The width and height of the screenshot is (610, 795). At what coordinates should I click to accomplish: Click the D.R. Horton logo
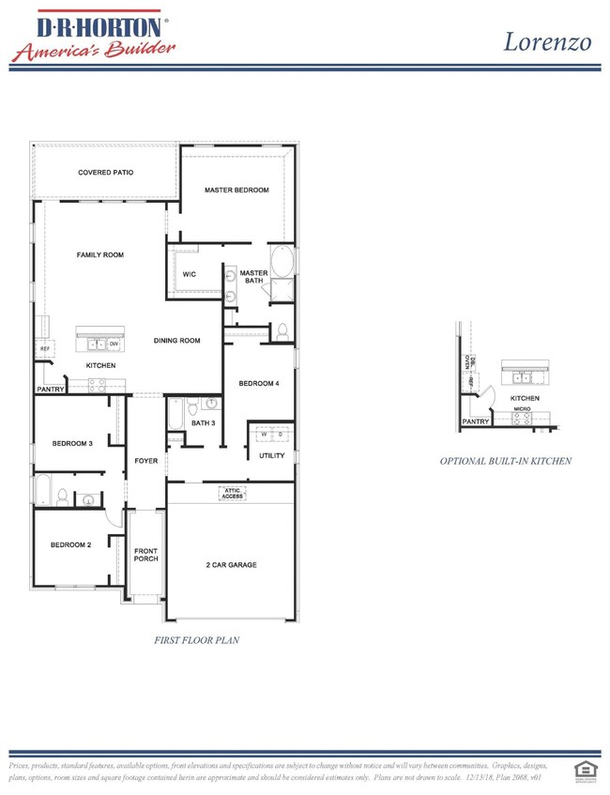tap(90, 36)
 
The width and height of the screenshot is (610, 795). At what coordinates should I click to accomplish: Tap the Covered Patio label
tap(105, 173)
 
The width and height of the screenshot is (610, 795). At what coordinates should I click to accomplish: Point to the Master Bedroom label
tap(236, 190)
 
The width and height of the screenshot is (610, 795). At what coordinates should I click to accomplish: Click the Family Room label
tap(99, 254)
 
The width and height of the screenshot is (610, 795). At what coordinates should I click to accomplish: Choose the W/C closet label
tap(189, 274)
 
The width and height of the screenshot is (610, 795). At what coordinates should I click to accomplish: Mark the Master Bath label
tap(253, 277)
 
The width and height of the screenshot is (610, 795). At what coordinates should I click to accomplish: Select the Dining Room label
tap(177, 341)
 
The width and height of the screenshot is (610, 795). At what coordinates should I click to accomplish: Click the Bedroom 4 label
tap(257, 383)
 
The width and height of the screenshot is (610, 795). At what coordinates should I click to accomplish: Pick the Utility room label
tap(271, 455)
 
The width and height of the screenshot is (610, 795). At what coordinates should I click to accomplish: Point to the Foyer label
tap(145, 461)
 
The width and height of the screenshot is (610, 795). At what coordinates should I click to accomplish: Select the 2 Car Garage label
tap(231, 564)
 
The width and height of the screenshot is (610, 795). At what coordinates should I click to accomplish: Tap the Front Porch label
tap(145, 554)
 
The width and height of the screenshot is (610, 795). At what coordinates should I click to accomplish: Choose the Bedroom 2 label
tap(70, 544)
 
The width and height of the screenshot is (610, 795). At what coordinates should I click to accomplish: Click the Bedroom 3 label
tap(71, 443)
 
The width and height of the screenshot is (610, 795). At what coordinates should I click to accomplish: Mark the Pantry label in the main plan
tap(50, 389)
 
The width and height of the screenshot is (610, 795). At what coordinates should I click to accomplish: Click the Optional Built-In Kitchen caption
tap(506, 461)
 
